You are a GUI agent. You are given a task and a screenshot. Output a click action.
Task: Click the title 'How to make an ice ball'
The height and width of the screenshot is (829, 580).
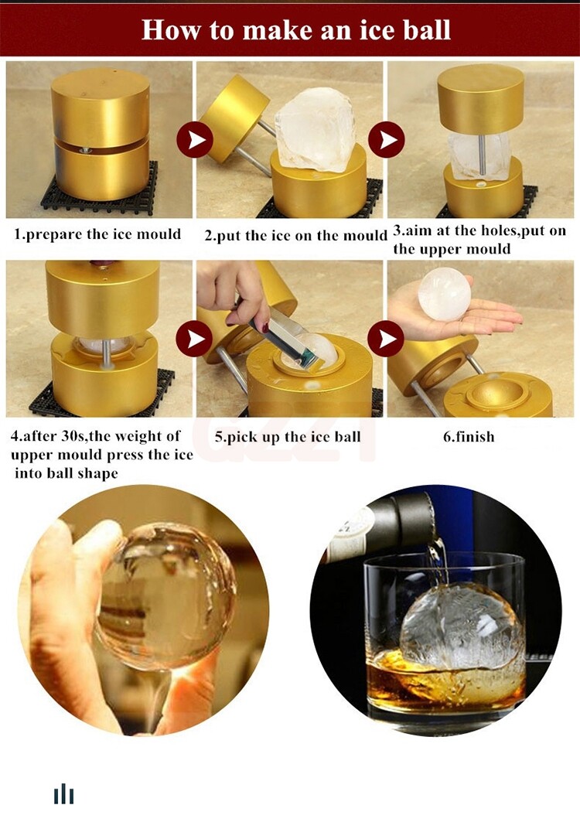296,29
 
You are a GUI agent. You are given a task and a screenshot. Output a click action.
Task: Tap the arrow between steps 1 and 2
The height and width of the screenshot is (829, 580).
195,139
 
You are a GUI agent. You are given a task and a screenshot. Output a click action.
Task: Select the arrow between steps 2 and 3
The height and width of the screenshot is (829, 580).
387,139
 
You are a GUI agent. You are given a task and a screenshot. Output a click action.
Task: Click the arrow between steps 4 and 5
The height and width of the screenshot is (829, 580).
194,339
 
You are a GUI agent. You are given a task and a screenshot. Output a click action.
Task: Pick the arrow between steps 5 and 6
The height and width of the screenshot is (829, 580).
386,339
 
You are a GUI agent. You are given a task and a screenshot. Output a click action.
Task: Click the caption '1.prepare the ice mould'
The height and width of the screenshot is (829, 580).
97,234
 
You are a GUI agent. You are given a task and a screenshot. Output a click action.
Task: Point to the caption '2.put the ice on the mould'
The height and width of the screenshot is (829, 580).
296,235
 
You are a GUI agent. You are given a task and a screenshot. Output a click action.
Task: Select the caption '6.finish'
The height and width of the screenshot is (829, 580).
469,437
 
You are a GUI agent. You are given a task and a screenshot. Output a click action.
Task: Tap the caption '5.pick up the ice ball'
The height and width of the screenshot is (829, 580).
288,437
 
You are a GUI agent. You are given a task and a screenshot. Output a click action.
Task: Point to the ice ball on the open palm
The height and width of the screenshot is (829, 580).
445,293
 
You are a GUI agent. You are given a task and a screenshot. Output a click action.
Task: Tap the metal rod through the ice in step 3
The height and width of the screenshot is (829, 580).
483,155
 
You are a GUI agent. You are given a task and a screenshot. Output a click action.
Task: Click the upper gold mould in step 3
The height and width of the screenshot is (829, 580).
480,99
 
